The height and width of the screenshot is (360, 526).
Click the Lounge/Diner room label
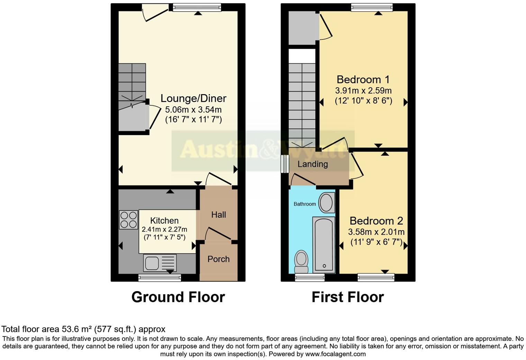[x=193, y=98]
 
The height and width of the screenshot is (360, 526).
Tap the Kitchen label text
[x=164, y=221]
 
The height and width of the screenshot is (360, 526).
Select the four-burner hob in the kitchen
[x=128, y=220]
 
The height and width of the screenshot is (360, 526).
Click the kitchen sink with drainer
[x=160, y=263]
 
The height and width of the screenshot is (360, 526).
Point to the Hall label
[x=218, y=215]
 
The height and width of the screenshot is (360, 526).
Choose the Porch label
[x=218, y=259]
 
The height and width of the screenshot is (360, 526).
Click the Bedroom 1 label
[x=363, y=80]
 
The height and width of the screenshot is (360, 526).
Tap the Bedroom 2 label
[x=376, y=221]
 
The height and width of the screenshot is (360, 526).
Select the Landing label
[x=312, y=164]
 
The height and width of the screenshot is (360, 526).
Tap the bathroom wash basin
[x=326, y=203]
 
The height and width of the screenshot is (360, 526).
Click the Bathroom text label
[x=305, y=204]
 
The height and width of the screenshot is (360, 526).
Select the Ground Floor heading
[x=178, y=297]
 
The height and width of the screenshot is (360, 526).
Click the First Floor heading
[x=347, y=297]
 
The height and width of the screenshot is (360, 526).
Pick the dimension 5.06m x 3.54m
[x=193, y=110]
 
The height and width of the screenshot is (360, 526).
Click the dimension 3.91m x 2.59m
[x=363, y=91]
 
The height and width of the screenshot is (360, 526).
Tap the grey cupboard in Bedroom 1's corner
[x=302, y=28]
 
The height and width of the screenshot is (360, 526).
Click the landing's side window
[x=285, y=164]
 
